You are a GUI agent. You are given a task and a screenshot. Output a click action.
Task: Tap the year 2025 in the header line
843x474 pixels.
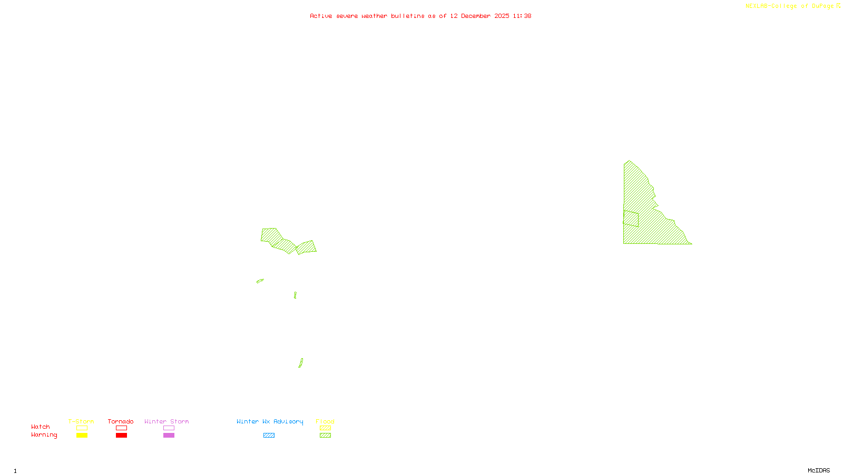[x=502, y=16]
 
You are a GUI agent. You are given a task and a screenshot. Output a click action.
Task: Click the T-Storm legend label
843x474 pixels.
[x=81, y=421]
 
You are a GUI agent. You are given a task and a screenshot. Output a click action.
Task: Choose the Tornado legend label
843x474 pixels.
[x=121, y=421]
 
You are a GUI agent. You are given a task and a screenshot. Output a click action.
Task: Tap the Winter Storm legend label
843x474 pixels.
[x=166, y=421]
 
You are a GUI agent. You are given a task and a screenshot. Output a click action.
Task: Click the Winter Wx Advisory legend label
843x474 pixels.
[x=270, y=421]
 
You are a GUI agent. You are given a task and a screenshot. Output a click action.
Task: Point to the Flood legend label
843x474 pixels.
[x=325, y=421]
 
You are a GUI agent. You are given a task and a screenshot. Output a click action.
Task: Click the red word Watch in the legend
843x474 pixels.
[x=41, y=427]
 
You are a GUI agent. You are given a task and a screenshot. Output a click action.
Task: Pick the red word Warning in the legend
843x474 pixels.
[x=44, y=435]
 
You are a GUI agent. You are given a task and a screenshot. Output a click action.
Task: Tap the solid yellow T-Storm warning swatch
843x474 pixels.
[x=82, y=436]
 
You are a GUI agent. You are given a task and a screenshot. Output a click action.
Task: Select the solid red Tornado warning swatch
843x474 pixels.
[x=121, y=436]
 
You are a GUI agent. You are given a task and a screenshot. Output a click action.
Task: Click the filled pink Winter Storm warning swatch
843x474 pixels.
[x=169, y=436]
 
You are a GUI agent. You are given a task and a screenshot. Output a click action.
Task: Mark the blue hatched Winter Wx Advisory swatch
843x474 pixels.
[x=269, y=436]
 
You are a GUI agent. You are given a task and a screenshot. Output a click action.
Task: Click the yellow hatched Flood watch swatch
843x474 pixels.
[x=325, y=428]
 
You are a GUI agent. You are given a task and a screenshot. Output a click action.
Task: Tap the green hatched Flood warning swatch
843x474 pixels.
[x=325, y=436]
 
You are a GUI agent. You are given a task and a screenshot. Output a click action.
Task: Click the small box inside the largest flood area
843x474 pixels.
[x=631, y=219]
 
